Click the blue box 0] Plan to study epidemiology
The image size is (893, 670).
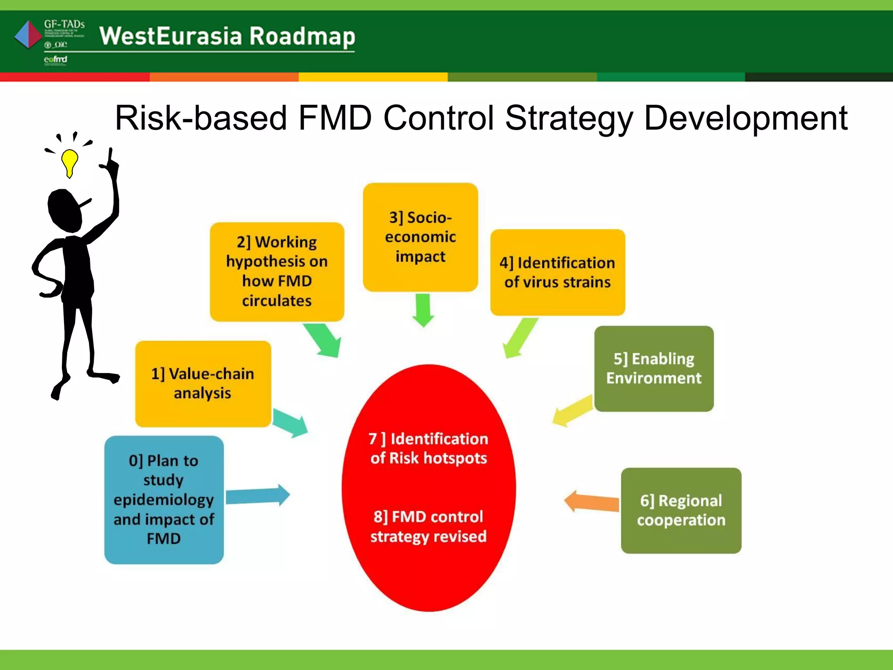coord(164,499)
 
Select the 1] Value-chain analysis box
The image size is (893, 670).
coord(203,383)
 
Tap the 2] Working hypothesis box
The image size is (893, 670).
coord(277,271)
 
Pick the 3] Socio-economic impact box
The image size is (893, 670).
coord(420,237)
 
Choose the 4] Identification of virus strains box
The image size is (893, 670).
coord(557,272)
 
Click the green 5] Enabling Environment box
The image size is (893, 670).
coord(654,368)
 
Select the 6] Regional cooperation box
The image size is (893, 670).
coord(681,510)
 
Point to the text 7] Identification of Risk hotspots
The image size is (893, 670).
coord(428,448)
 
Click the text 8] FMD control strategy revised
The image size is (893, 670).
coord(428,526)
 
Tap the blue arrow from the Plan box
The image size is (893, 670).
coord(258,496)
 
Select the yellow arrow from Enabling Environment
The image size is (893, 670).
coord(573,410)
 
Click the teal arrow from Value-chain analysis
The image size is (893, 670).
coord(290,422)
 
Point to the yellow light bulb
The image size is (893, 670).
coord(69,162)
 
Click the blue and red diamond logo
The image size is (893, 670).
coord(28,34)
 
